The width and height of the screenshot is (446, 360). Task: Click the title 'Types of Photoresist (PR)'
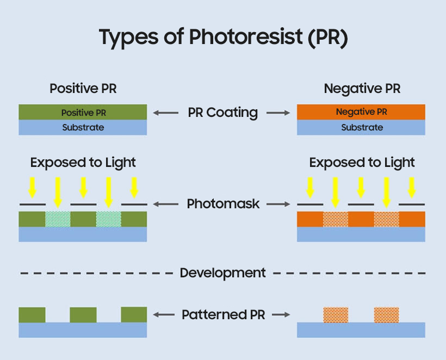tap(224, 38)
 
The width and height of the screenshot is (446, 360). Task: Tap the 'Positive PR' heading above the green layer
tap(83, 89)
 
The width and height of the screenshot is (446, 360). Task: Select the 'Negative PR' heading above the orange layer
tap(362, 89)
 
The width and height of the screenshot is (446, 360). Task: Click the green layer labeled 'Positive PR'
tap(83, 112)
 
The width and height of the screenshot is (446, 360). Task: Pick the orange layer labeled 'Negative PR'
tap(361, 112)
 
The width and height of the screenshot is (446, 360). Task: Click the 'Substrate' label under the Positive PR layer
tap(83, 127)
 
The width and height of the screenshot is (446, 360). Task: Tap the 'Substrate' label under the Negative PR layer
tap(362, 127)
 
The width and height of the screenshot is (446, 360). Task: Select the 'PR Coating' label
tap(223, 113)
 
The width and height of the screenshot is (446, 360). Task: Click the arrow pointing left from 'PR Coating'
tap(165, 113)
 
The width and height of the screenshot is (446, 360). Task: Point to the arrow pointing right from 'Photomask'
tap(278, 204)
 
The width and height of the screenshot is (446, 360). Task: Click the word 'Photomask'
tap(223, 204)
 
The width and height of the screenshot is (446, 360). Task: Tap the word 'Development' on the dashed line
tap(222, 273)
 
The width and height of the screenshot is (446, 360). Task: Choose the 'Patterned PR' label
tap(224, 315)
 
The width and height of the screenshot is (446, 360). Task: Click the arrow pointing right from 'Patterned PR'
tap(281, 315)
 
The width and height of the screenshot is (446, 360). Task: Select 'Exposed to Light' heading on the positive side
tap(83, 163)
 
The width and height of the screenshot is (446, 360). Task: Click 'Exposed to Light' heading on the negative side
tap(362, 163)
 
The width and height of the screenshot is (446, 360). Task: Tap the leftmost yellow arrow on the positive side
tap(33, 188)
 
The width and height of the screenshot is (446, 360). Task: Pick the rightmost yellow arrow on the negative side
tap(412, 188)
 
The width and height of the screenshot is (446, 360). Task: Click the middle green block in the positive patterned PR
tap(83, 315)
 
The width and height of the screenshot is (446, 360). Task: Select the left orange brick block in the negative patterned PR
tap(336, 315)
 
